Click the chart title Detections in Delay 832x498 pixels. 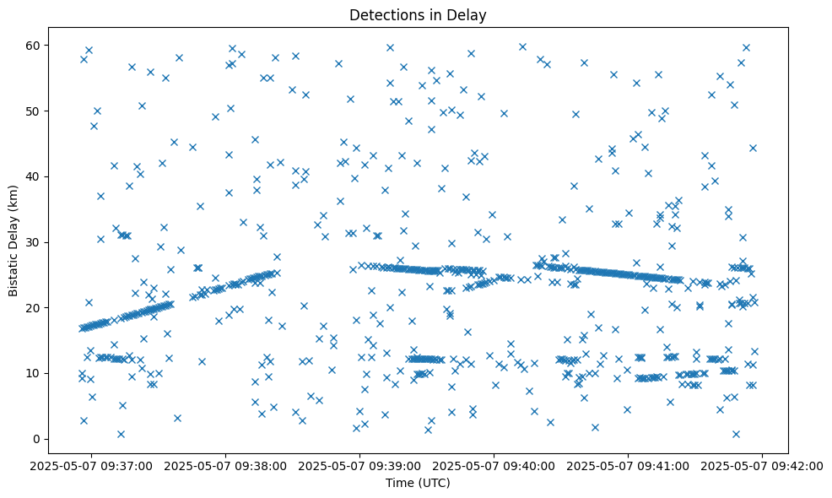tap(418, 14)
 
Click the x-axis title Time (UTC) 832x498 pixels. tap(418, 483)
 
